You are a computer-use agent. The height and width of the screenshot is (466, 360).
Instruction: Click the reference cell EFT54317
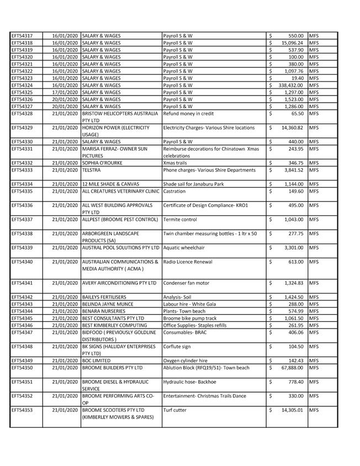coord(22,36)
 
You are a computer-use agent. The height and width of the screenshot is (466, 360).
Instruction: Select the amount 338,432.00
coord(292,85)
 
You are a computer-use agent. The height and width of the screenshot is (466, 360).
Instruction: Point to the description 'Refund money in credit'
coord(189,113)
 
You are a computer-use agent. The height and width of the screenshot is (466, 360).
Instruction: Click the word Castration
coord(175,191)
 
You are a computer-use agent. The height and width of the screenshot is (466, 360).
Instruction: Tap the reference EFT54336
coord(22,205)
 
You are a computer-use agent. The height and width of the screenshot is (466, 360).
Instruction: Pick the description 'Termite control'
coord(180,219)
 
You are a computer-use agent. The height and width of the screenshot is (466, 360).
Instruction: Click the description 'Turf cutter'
coord(176,410)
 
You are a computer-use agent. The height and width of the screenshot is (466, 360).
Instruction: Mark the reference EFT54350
coord(22,367)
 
